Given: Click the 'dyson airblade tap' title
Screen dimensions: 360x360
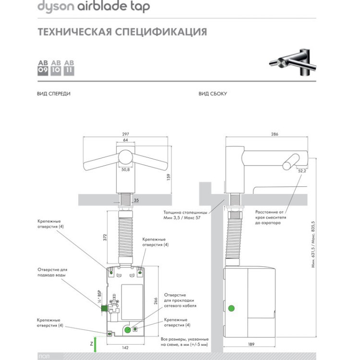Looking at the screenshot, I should click(x=94, y=7).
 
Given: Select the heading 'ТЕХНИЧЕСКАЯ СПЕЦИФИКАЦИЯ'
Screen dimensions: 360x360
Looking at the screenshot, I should click(x=122, y=32).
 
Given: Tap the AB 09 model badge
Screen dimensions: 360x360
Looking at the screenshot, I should click(x=43, y=68).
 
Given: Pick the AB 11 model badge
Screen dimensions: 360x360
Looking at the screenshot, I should click(x=69, y=68).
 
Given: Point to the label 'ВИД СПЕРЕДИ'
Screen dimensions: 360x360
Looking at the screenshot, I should click(x=54, y=94).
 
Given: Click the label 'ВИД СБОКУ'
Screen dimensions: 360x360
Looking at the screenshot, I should click(x=213, y=94).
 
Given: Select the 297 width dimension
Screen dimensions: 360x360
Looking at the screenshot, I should click(x=126, y=134).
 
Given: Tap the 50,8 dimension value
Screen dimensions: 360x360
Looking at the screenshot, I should click(x=125, y=169).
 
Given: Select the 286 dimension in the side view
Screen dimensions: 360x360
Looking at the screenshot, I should click(x=275, y=134).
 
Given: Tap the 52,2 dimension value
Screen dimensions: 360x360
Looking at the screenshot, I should click(x=302, y=170).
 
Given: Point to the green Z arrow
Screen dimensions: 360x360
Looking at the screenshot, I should click(x=95, y=344).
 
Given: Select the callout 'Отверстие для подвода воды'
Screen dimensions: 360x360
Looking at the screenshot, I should click(x=53, y=272).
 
